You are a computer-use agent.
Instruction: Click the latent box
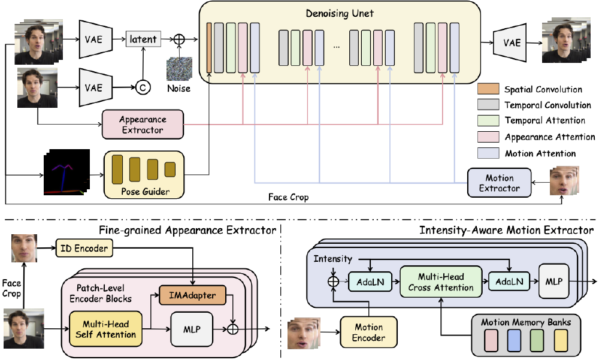143,40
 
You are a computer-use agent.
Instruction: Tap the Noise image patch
179,68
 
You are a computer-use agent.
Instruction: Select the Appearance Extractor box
142,125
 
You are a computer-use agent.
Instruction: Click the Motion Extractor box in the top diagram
500,183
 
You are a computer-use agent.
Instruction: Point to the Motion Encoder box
369,332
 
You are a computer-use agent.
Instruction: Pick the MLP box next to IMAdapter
192,329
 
